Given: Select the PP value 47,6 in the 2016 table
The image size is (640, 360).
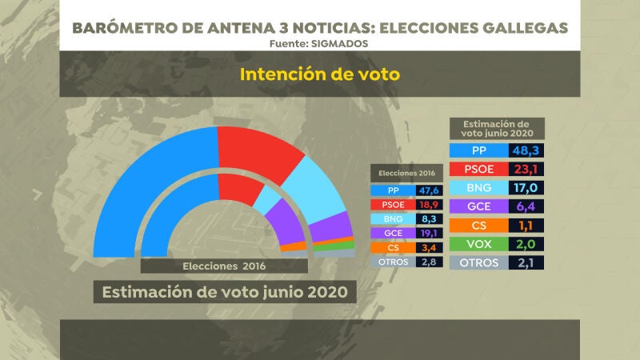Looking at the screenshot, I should click(428, 190).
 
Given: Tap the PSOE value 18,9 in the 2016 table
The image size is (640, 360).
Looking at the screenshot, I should click(428, 205).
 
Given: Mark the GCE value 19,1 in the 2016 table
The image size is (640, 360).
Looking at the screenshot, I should click(428, 234).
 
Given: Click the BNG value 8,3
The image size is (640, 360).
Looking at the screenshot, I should click(428, 219).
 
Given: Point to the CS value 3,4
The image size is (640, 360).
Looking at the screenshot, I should click(428, 248).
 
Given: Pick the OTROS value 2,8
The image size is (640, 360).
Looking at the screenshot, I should click(428, 262).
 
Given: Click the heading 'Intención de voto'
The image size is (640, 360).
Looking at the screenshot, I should click(319, 74).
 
